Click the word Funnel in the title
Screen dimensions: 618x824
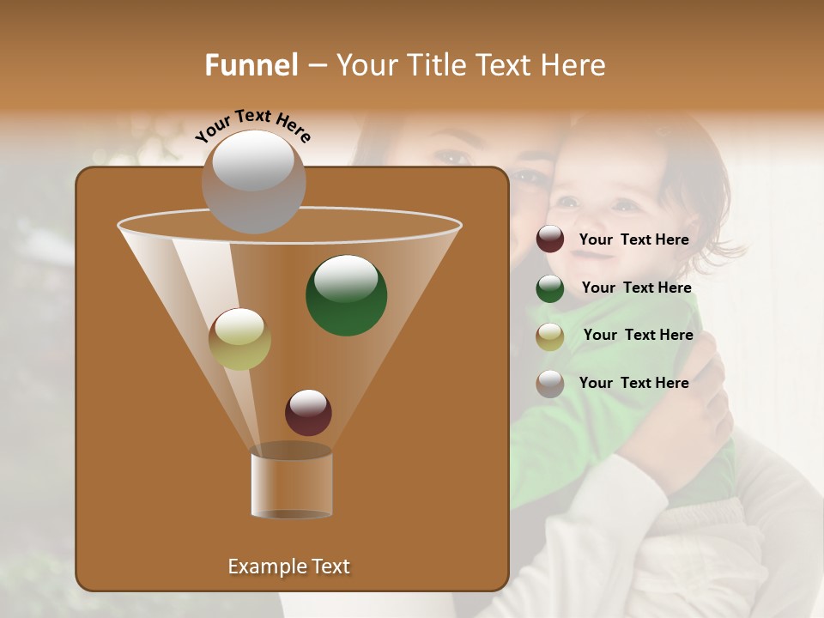coord(251,65)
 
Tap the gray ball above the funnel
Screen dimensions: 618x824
coord(253,181)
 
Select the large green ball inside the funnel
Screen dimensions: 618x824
coord(346,294)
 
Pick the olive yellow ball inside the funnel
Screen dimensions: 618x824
coord(239,338)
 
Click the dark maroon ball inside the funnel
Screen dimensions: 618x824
coord(308,412)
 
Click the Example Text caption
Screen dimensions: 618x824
coord(288,566)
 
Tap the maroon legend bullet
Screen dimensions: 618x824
coord(550,239)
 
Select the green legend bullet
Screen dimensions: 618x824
coord(550,288)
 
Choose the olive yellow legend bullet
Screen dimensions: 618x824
coord(550,336)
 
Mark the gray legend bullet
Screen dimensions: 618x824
coord(550,384)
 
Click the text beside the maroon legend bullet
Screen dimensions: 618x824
coord(633,240)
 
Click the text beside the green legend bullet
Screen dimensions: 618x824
coord(636,288)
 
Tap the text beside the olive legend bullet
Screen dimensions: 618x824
coord(638,335)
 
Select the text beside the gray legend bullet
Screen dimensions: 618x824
coord(633,383)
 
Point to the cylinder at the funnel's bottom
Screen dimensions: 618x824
coord(291,485)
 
